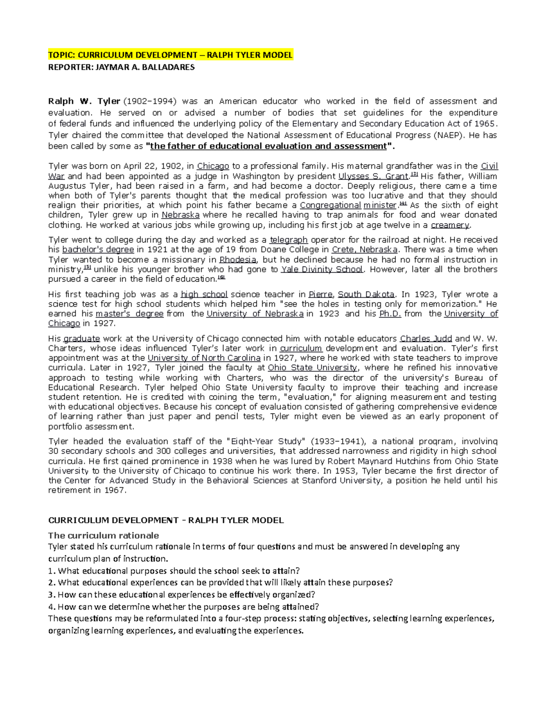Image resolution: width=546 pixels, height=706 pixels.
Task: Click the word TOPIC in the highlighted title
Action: click(x=61, y=55)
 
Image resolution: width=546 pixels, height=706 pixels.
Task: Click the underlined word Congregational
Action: click(x=330, y=205)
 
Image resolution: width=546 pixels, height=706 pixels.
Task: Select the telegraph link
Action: click(x=288, y=240)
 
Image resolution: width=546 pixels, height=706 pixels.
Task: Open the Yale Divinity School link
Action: click(x=322, y=270)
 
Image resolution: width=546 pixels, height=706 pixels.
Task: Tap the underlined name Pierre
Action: click(x=320, y=295)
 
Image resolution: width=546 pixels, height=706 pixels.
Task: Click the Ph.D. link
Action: click(x=390, y=314)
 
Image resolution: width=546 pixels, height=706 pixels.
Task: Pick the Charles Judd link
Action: click(x=426, y=339)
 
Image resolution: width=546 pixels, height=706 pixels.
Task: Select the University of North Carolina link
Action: click(x=204, y=358)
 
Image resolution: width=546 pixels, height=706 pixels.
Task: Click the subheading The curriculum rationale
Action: click(x=104, y=535)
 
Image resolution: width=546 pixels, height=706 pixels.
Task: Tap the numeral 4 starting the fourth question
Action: click(x=51, y=607)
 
